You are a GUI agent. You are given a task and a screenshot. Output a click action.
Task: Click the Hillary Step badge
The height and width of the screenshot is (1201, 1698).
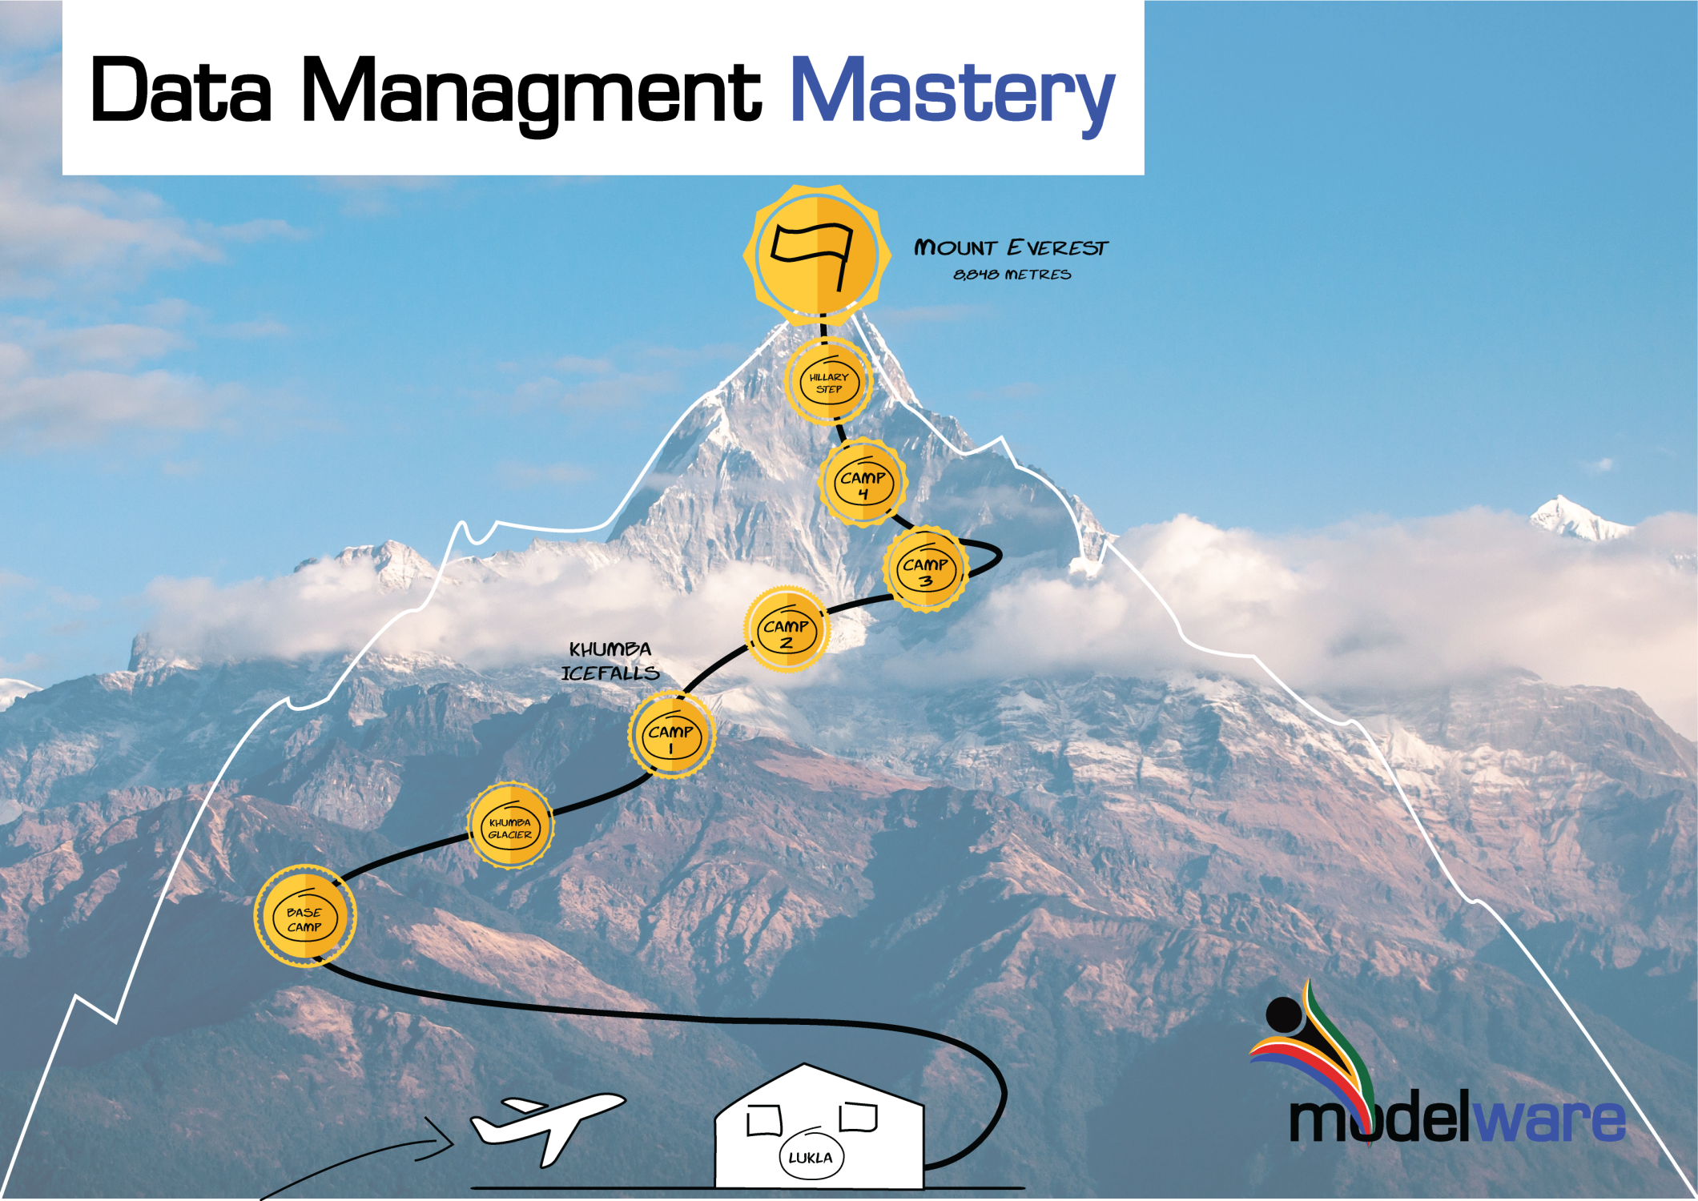pyautogui.click(x=828, y=383)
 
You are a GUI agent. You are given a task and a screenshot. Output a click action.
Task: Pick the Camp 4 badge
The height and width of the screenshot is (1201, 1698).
pyautogui.click(x=863, y=484)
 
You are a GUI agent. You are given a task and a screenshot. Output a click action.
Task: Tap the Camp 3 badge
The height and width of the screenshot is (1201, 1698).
pyautogui.click(x=926, y=570)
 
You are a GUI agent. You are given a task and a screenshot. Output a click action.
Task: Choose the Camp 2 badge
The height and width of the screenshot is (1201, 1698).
pyautogui.click(x=787, y=632)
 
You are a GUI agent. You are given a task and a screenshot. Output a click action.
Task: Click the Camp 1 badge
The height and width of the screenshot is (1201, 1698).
pyautogui.click(x=671, y=737)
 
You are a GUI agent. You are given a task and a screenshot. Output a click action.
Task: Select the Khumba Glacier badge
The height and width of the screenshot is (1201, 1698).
pyautogui.click(x=510, y=827)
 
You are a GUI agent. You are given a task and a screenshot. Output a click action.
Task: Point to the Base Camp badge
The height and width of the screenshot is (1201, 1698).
pyautogui.click(x=304, y=918)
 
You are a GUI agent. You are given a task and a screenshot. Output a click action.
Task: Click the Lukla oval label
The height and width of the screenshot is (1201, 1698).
pyautogui.click(x=811, y=1157)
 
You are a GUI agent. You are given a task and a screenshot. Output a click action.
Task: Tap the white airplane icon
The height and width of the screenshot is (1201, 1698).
pyautogui.click(x=547, y=1121)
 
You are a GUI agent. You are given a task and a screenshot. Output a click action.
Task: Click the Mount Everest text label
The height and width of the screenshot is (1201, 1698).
pyautogui.click(x=1011, y=247)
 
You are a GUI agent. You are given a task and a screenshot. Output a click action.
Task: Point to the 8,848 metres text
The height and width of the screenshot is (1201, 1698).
pyautogui.click(x=1012, y=275)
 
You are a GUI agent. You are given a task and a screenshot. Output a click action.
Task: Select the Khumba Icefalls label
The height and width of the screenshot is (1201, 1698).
pyautogui.click(x=610, y=661)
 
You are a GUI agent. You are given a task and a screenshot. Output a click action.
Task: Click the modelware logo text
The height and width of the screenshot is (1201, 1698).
pyautogui.click(x=1457, y=1120)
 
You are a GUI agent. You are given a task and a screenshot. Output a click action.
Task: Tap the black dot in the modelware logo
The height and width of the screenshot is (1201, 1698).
pyautogui.click(x=1284, y=1014)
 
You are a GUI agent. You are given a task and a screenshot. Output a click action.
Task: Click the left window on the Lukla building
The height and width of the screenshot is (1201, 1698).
pyautogui.click(x=764, y=1120)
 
